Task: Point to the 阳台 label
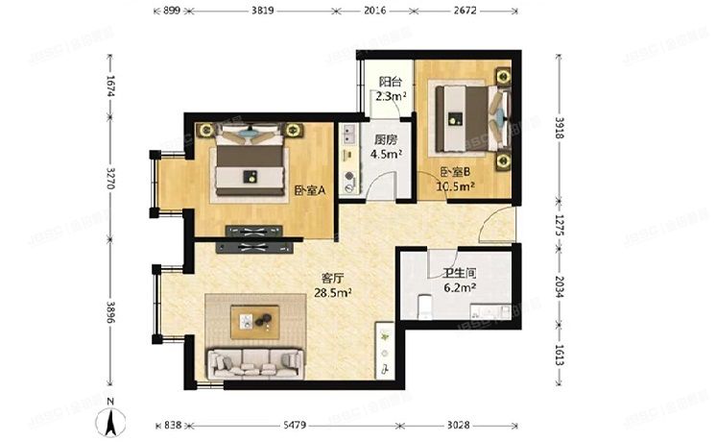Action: coord(390,82)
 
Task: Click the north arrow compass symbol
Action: coord(112,419)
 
